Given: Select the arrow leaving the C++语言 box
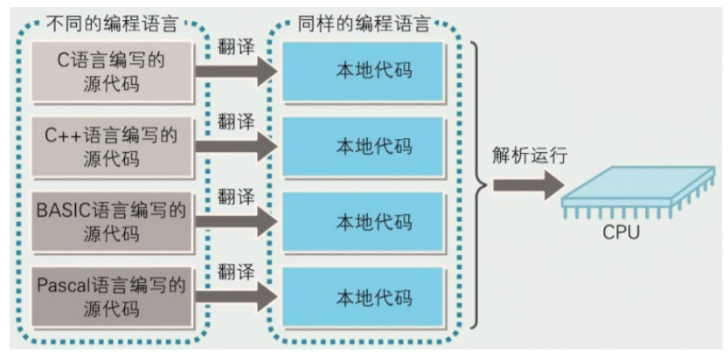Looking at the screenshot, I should click(x=236, y=146).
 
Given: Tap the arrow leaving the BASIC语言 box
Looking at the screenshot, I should click(x=236, y=222).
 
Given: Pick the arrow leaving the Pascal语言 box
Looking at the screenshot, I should click(x=236, y=296).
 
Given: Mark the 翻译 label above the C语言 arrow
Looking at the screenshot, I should click(x=236, y=45).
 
